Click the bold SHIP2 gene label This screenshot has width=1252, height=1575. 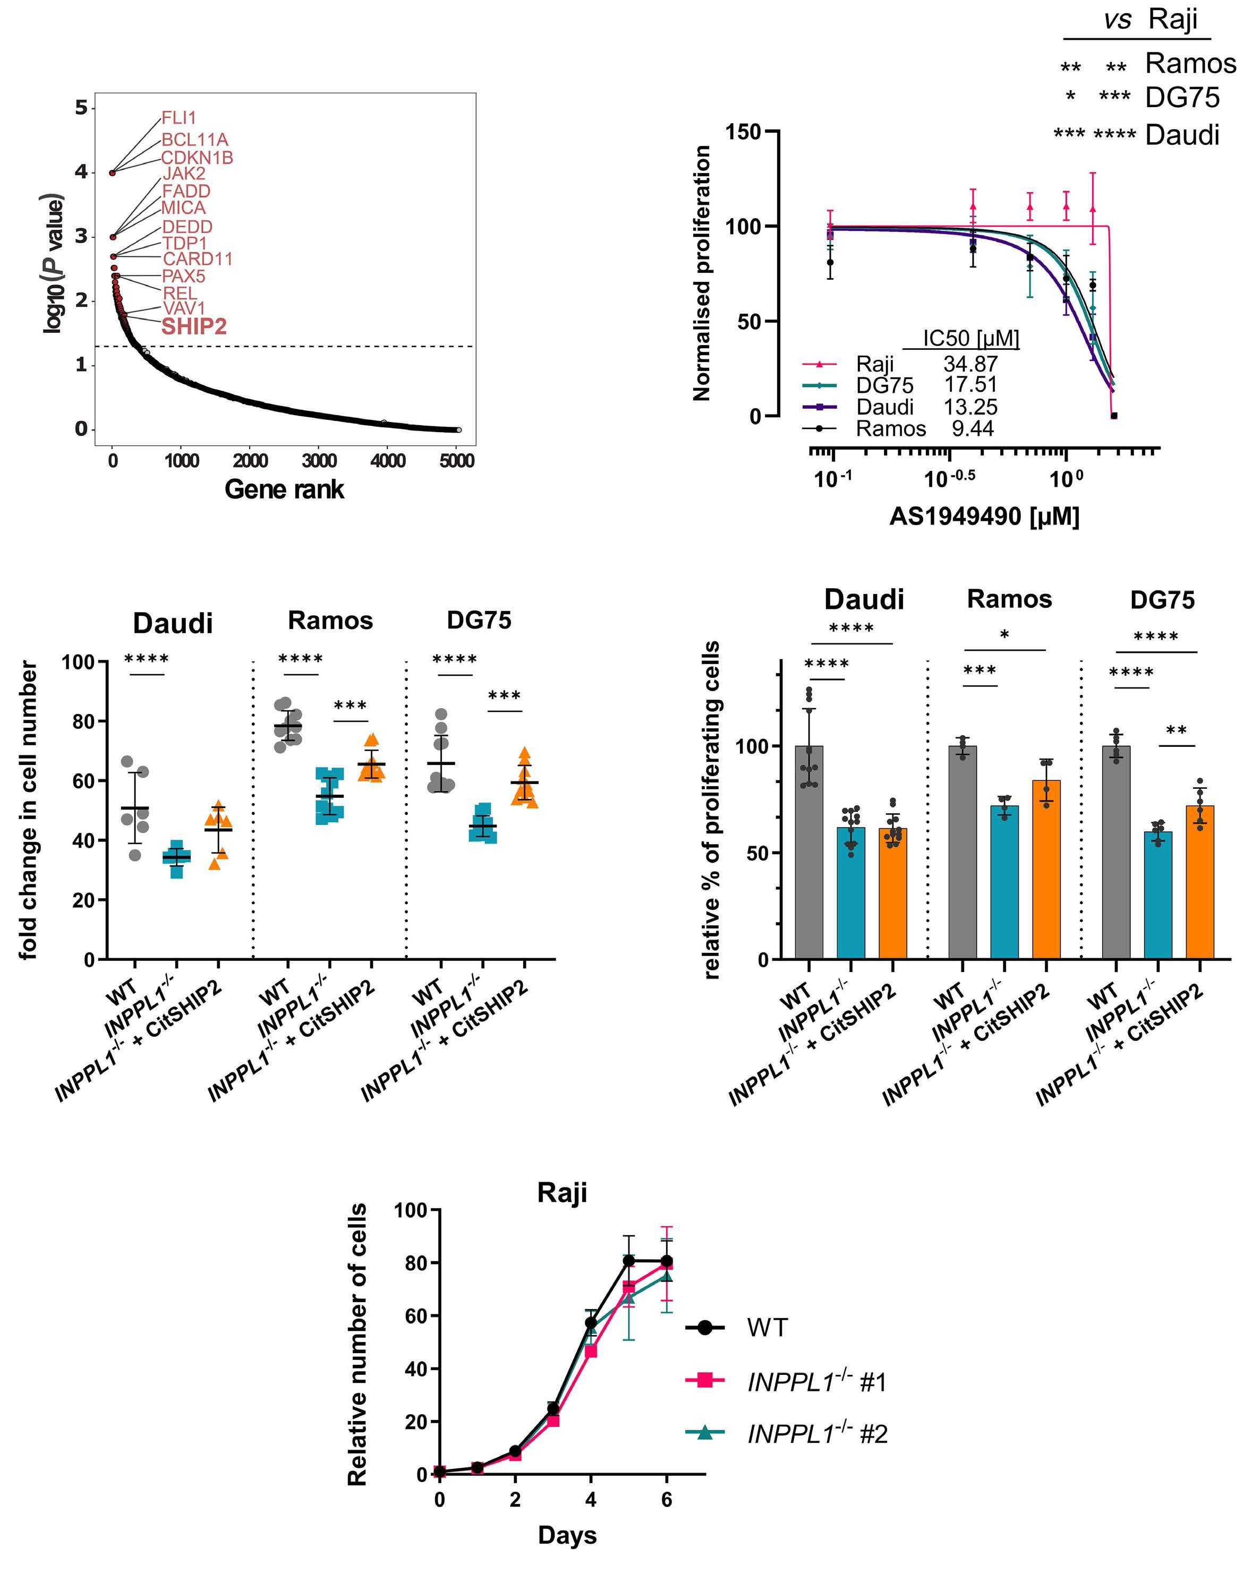click(x=194, y=326)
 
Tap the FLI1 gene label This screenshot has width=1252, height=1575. click(x=178, y=118)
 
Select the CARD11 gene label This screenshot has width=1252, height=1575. click(x=198, y=259)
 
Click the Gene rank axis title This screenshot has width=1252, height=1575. click(x=284, y=489)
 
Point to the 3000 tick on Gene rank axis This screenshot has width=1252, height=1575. click(x=319, y=461)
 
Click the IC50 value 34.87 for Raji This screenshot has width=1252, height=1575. click(x=970, y=363)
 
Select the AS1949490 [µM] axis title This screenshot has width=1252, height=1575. click(x=984, y=517)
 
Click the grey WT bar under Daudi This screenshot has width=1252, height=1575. click(x=809, y=851)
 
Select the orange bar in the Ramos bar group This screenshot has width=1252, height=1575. click(x=1046, y=870)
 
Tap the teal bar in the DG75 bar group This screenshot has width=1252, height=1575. click(x=1158, y=895)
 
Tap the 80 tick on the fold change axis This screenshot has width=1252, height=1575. click(x=85, y=721)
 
